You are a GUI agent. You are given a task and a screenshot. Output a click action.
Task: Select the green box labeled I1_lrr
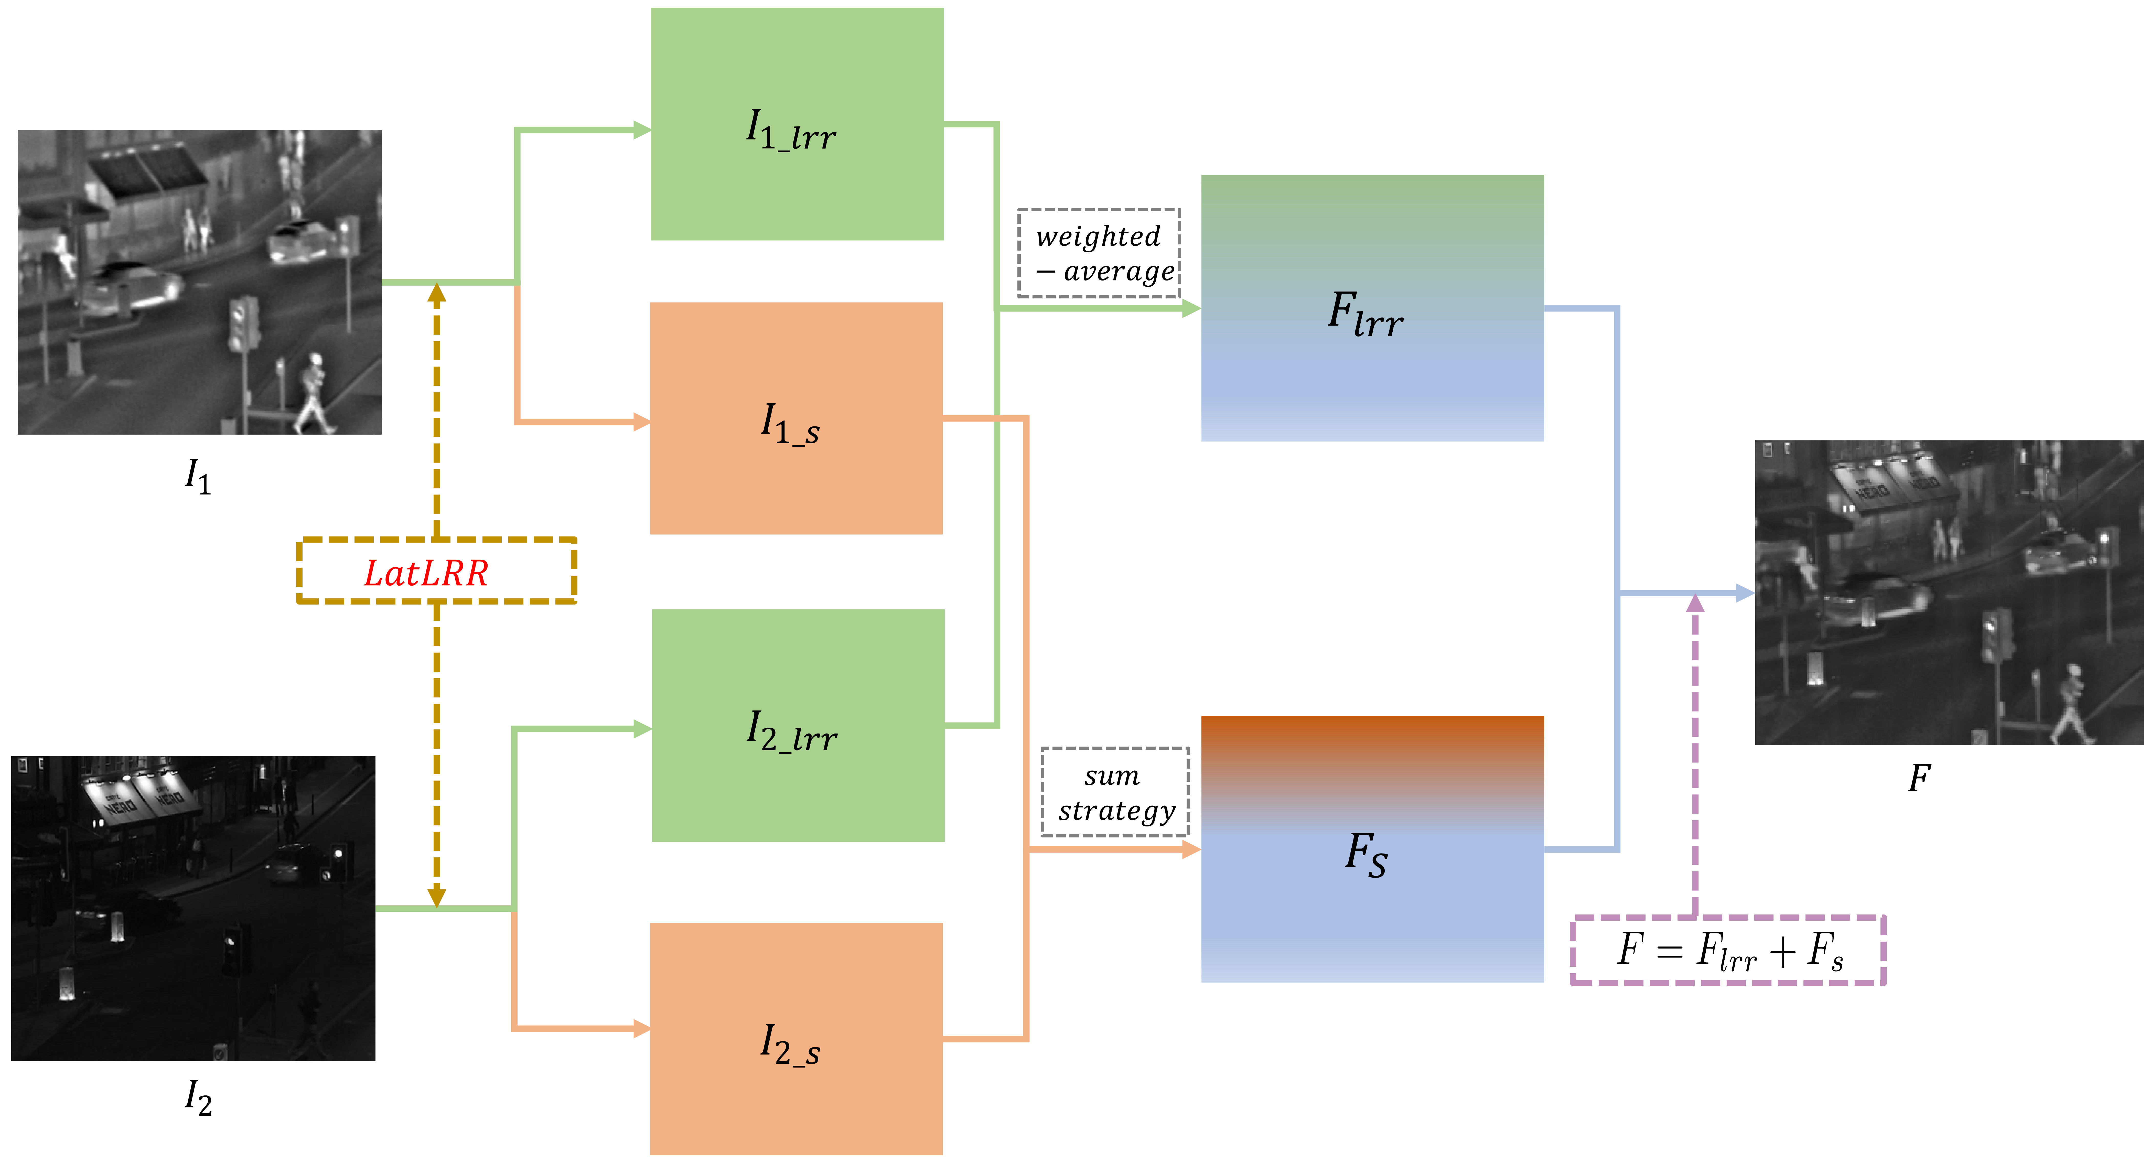[x=797, y=124]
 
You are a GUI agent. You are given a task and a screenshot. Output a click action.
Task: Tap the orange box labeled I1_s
[x=796, y=418]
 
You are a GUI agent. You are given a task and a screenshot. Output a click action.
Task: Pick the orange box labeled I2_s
[x=796, y=1039]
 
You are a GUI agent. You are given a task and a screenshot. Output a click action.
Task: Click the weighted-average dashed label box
[x=1098, y=253]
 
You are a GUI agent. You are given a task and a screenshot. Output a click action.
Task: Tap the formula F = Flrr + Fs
[x=1728, y=950]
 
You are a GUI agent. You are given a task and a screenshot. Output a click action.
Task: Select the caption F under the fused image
[x=1919, y=778]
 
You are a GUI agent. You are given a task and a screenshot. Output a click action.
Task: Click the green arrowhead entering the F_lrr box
[x=1192, y=308]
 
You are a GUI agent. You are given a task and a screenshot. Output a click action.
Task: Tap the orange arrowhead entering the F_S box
[x=1192, y=849]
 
